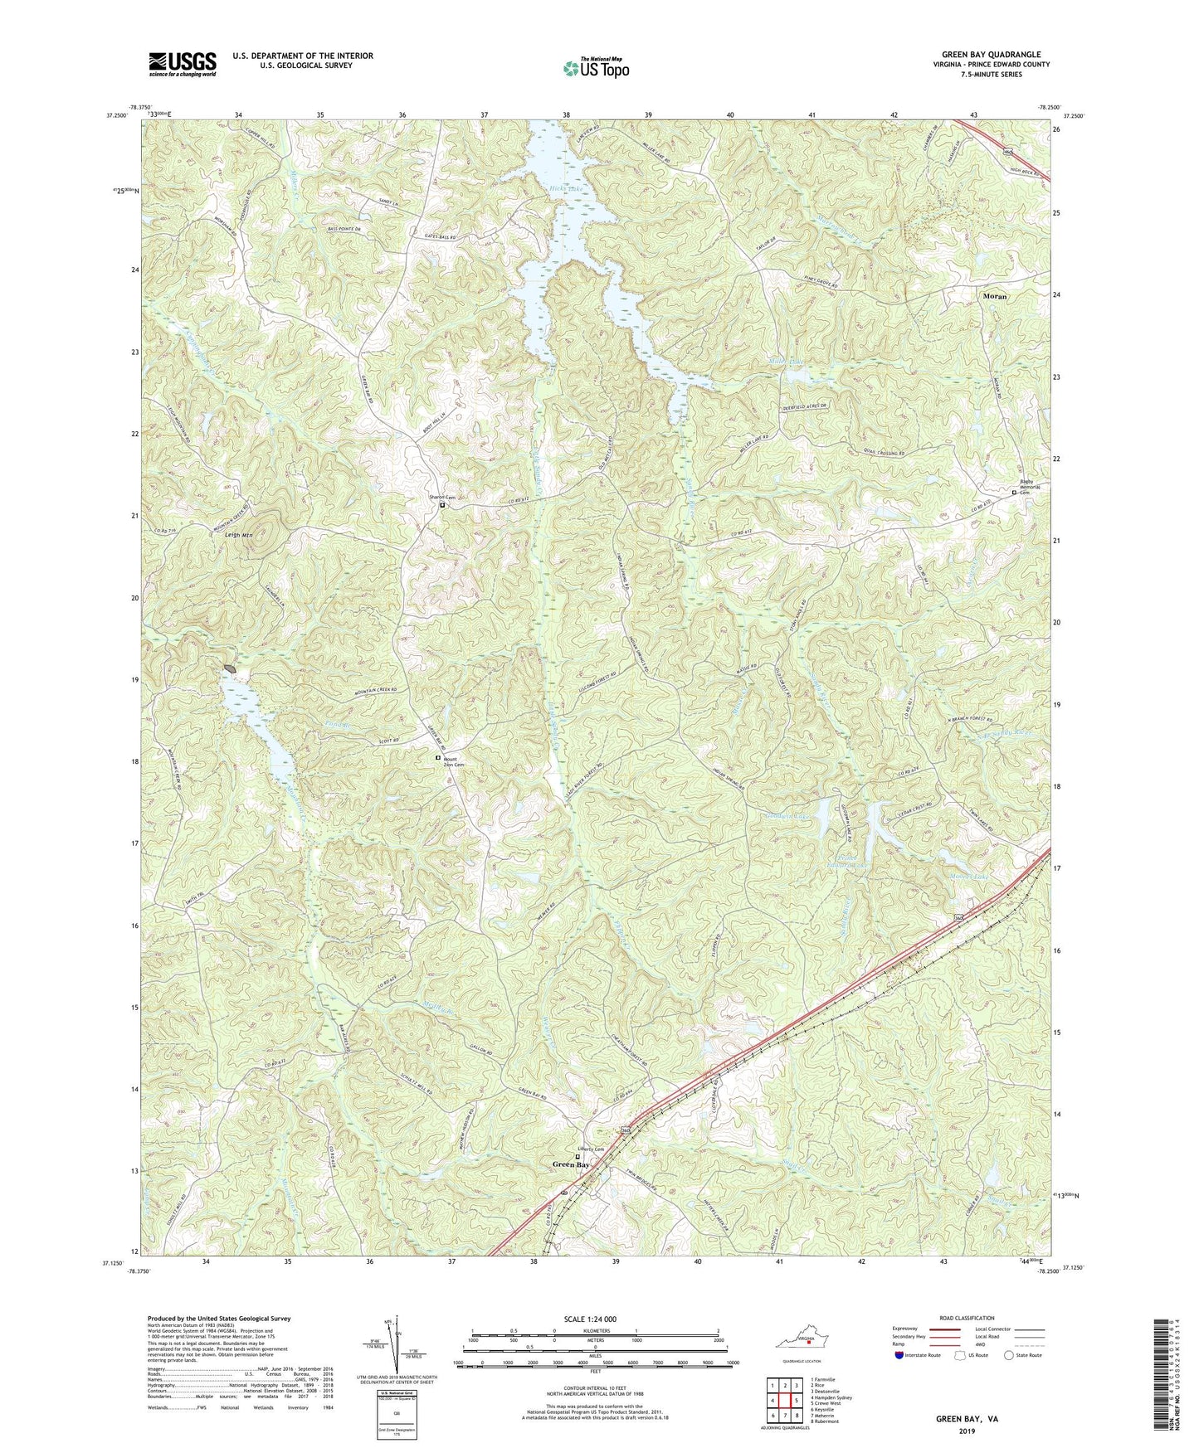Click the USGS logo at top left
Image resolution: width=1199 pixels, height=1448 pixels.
pos(183,64)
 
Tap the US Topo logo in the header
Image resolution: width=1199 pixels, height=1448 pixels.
pos(595,67)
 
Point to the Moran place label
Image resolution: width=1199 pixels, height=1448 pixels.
pos(996,295)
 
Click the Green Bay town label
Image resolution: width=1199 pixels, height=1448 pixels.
pos(572,1164)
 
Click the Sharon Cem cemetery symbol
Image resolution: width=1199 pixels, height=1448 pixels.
pos(442,504)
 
